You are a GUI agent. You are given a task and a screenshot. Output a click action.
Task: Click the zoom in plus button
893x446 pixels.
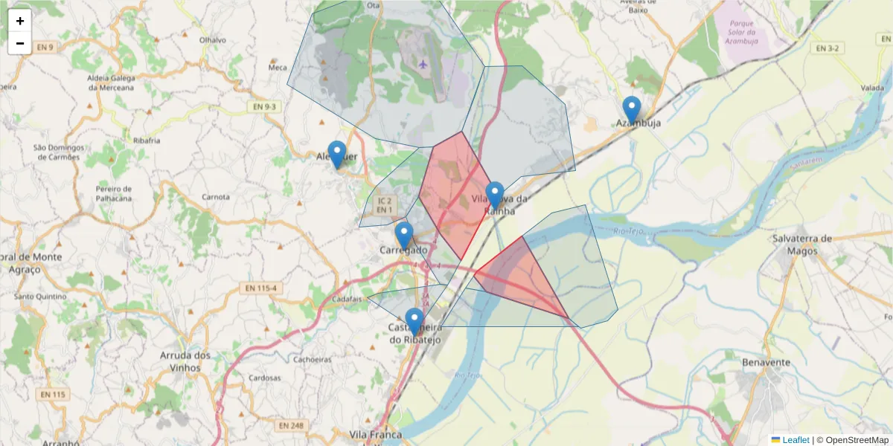[x=20, y=21]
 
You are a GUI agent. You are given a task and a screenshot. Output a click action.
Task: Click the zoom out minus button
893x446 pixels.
[x=20, y=43]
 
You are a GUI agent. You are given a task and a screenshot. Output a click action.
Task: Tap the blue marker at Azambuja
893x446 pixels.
[x=632, y=110]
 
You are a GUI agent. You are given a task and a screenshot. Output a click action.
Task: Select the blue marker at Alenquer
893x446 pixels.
[x=337, y=155]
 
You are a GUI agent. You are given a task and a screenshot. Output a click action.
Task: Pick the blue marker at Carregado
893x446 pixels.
[x=404, y=236]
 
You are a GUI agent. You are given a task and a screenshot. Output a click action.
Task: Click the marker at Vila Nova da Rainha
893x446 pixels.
[x=495, y=195]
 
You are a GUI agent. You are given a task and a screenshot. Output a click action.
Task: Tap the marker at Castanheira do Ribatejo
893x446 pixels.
[x=415, y=321]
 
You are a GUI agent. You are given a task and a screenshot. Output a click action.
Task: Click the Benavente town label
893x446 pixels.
[x=766, y=363]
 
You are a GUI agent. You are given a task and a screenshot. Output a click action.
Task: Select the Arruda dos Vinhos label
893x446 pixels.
[x=185, y=361]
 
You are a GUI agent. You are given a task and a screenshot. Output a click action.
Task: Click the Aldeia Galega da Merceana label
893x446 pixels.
[x=111, y=83]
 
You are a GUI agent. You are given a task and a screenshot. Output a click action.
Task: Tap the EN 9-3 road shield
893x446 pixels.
[x=263, y=107]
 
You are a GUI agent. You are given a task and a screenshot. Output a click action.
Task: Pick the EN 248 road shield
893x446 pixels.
[x=291, y=425]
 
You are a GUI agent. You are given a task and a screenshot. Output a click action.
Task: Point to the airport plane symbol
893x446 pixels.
[x=423, y=64]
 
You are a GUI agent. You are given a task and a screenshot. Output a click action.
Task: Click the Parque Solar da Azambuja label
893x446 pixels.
[x=746, y=33]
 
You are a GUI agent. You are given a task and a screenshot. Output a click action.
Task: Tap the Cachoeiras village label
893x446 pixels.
[x=312, y=359]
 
